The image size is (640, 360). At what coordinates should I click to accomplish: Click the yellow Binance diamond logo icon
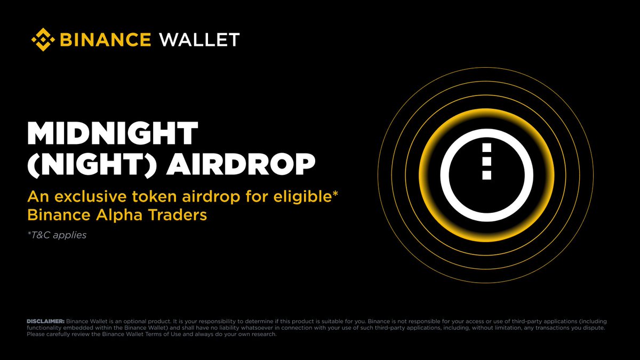[43, 39]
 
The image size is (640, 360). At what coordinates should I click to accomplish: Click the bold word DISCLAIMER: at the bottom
[45, 322]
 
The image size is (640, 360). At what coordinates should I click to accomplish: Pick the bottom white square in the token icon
[486, 174]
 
